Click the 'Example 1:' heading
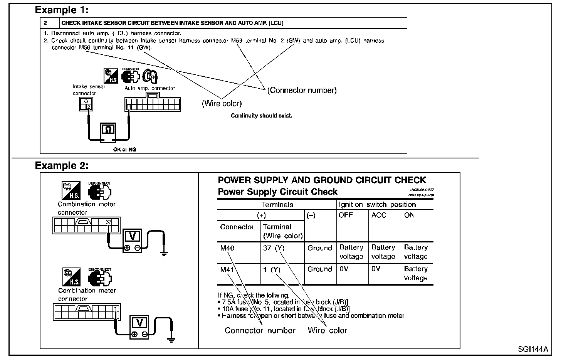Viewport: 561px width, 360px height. tap(62, 10)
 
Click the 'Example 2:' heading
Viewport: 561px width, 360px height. tap(62, 166)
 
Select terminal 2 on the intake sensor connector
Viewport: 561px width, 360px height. tap(89, 107)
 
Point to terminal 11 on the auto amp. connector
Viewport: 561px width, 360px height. tap(129, 107)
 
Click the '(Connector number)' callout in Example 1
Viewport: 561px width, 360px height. tap(302, 90)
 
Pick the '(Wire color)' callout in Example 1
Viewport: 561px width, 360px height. tap(222, 103)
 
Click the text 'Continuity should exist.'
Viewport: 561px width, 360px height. tap(262, 116)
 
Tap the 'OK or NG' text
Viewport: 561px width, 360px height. tap(124, 150)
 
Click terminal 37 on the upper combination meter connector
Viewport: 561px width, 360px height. tap(109, 222)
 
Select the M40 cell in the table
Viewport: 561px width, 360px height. tap(227, 248)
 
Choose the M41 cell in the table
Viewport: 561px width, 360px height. tap(227, 269)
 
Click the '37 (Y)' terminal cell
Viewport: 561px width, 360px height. tap(274, 248)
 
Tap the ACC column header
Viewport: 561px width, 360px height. tap(379, 215)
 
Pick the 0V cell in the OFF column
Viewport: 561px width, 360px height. tap(344, 269)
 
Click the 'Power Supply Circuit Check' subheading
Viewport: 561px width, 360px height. tap(277, 192)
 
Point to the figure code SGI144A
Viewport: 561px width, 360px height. tap(533, 349)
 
